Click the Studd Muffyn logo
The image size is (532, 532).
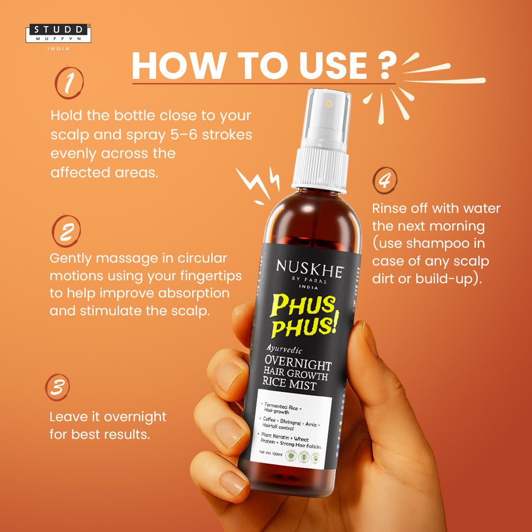[x=58, y=33]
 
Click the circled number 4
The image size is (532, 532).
[x=385, y=181]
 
